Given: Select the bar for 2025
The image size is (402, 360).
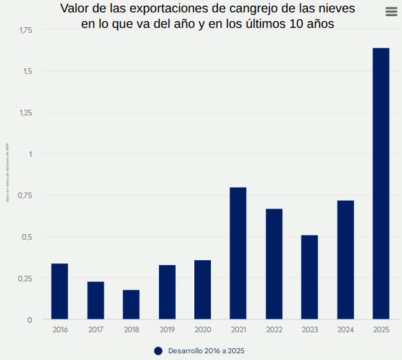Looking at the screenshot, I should (381, 183).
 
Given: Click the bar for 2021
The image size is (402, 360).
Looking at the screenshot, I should (238, 253).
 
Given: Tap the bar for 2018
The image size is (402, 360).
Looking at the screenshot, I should (131, 305).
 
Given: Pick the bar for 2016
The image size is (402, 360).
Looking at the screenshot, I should (60, 292).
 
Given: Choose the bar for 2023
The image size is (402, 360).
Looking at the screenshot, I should (310, 278).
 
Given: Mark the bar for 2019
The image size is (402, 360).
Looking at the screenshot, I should (167, 292).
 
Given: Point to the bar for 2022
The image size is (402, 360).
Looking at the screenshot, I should (274, 264).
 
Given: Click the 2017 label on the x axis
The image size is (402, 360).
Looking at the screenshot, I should (96, 330).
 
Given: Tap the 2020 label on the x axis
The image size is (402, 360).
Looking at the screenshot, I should (203, 330).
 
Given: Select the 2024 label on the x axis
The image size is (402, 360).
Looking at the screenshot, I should (346, 330).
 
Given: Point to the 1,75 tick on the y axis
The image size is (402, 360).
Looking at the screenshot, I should (25, 30).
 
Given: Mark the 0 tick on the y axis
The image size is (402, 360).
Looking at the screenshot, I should (29, 320).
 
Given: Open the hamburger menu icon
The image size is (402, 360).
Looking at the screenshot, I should (391, 12).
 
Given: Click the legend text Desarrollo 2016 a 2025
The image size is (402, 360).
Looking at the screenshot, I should (206, 351).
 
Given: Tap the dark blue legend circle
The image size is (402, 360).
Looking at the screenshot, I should (158, 351).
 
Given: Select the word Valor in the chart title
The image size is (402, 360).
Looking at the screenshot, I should (75, 9).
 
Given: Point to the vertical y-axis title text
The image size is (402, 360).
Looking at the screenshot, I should (7, 172).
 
